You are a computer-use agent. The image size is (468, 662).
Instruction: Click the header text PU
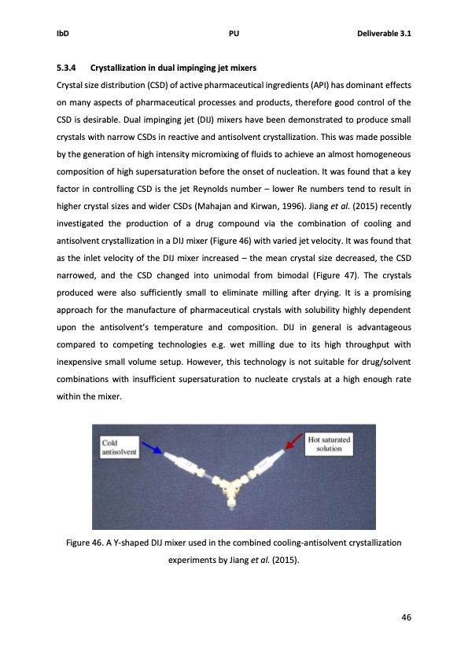pyautogui.click(x=233, y=35)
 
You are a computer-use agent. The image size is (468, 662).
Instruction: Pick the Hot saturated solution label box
pyautogui.click(x=329, y=443)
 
